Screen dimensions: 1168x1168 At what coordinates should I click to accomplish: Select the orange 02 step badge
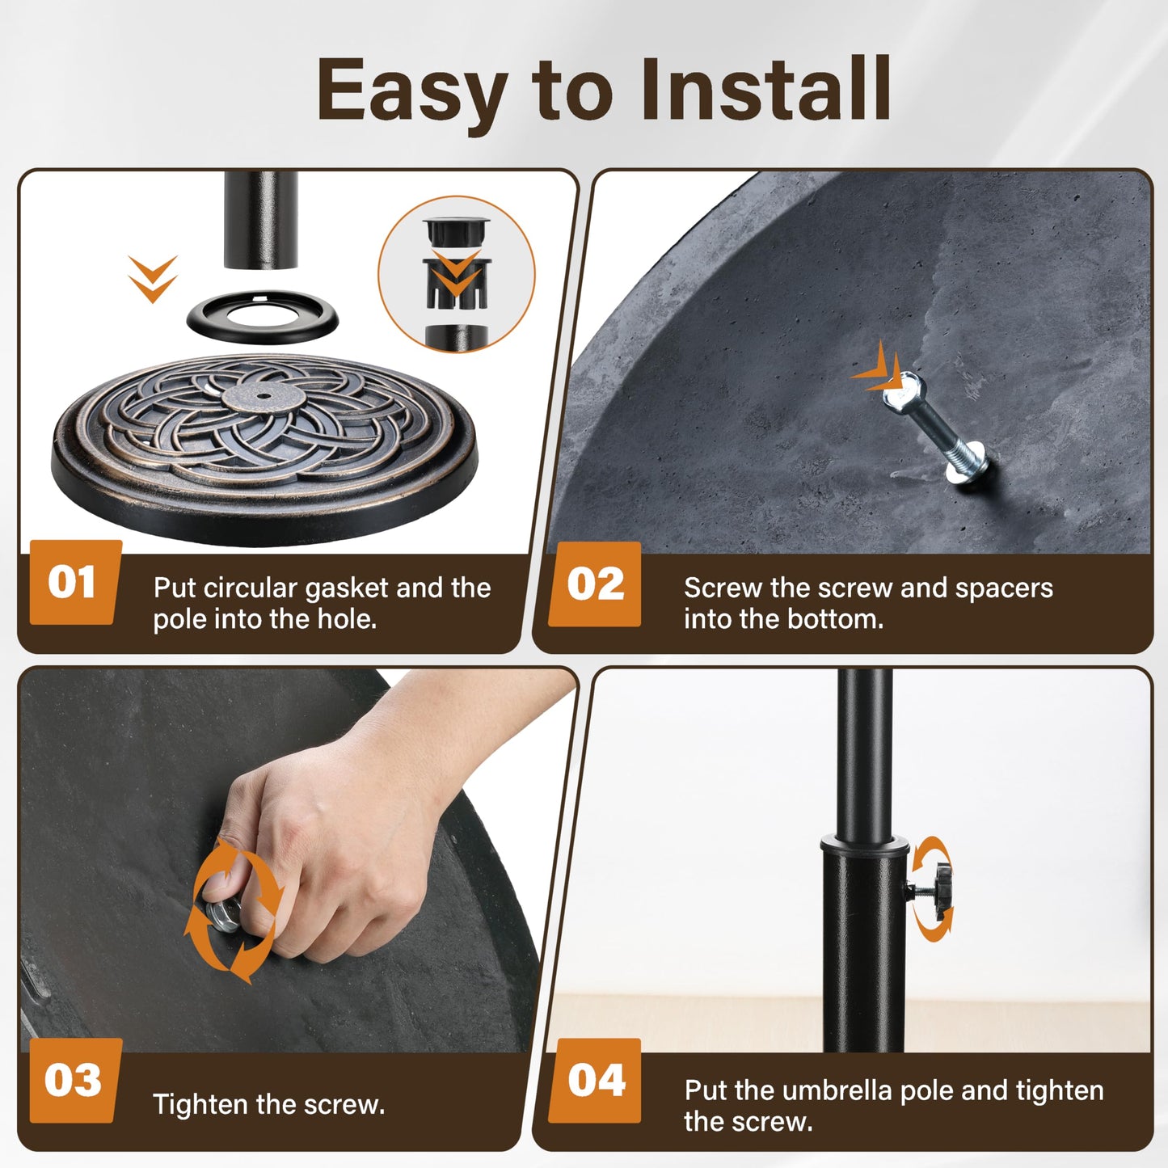pyautogui.click(x=595, y=584)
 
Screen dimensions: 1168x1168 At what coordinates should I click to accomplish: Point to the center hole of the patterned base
pyautogui.click(x=264, y=396)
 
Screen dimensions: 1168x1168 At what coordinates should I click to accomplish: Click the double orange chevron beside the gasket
pyautogui.click(x=153, y=279)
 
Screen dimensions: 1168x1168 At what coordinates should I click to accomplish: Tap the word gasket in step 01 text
pyautogui.click(x=346, y=588)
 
